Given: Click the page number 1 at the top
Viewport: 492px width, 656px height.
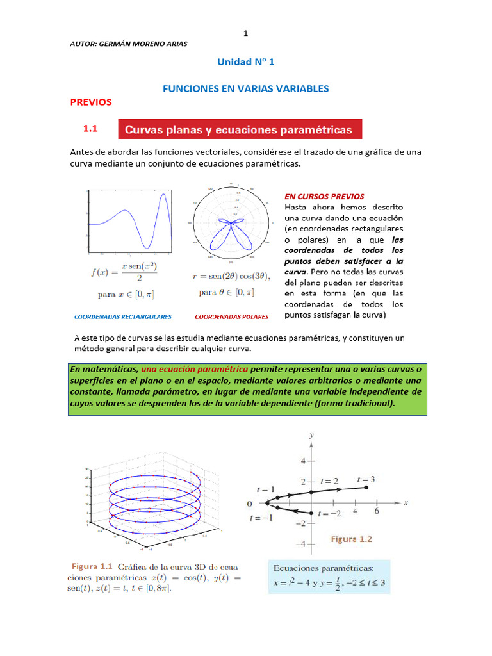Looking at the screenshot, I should pos(245,33).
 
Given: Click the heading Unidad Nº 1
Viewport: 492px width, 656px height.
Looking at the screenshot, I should pos(246,62).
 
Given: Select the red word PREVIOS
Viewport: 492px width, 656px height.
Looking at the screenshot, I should pos(90,102).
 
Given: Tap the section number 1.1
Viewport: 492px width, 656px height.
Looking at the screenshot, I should pos(90,129).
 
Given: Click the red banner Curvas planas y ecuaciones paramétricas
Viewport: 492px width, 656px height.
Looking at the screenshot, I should pos(240,129).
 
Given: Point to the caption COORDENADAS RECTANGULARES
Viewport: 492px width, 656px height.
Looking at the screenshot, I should pos(122,316).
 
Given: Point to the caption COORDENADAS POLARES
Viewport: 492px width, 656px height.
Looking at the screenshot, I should pos(231,316).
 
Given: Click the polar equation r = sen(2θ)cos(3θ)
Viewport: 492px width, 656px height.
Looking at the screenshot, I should pos(231,277).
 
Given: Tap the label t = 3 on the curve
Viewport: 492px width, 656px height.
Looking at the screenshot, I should pos(366,479).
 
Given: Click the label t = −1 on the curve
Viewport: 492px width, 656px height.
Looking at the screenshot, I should pos(261,517).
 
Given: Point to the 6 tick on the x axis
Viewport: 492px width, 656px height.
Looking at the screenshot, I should pos(377,512).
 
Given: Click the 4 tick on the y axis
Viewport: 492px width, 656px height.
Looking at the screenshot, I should pos(304,461).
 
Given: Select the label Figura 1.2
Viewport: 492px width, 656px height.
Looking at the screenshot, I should pos(351,539).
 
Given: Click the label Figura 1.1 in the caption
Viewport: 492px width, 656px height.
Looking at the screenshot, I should pos(92,566).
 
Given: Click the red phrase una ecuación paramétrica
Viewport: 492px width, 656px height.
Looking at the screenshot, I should pos(195,370).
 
